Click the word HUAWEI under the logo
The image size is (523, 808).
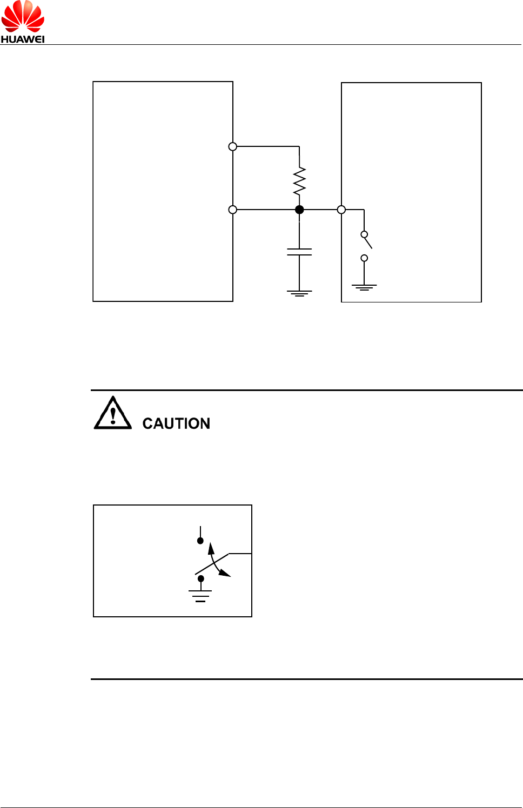click(x=23, y=39)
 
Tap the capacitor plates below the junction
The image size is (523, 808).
click(x=299, y=252)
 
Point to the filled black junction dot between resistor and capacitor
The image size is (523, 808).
click(x=299, y=210)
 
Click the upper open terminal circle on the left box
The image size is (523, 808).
click(x=233, y=146)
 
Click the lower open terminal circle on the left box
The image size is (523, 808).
click(x=233, y=210)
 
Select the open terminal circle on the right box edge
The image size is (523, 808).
click(x=341, y=210)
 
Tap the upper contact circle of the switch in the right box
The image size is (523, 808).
click(x=364, y=234)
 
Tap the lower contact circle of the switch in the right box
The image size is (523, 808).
click(x=364, y=258)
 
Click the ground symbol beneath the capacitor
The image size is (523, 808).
click(x=299, y=293)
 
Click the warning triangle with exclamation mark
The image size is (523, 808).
click(x=112, y=414)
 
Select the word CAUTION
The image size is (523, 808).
click(x=176, y=423)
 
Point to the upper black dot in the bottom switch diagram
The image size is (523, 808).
click(x=200, y=541)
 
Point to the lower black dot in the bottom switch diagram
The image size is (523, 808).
click(x=201, y=578)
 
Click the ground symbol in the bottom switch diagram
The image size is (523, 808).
click(x=200, y=596)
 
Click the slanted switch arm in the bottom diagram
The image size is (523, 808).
click(x=212, y=563)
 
